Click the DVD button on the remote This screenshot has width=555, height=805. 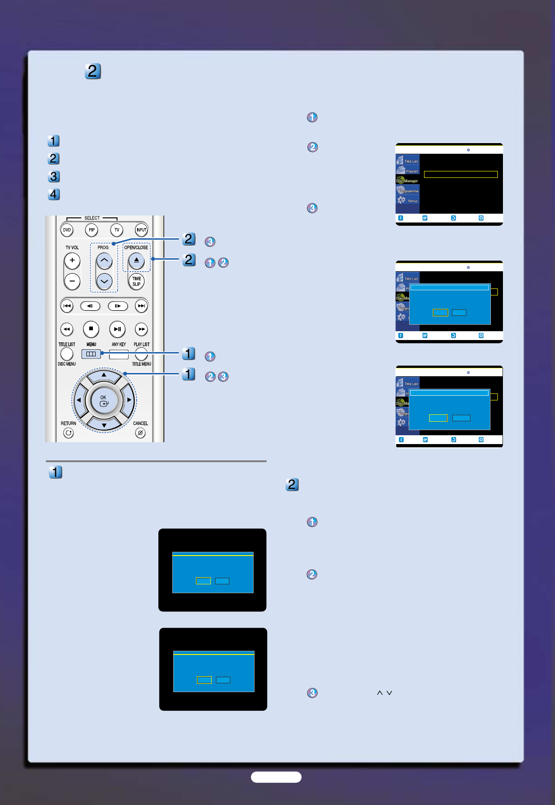(67, 230)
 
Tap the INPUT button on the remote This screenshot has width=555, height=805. (141, 230)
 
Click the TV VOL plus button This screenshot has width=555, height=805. (72, 261)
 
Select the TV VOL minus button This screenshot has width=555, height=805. (72, 281)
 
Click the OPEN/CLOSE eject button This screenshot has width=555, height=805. (137, 261)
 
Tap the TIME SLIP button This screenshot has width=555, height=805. (137, 281)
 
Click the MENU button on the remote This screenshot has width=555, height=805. (91, 354)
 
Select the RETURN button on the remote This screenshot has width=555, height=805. (68, 433)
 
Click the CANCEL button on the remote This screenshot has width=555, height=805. (140, 433)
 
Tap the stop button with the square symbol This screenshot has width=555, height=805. (91, 329)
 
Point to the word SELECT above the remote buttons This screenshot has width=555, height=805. (92, 218)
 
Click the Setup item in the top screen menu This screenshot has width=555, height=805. (408, 200)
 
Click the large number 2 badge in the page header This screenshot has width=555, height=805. (93, 71)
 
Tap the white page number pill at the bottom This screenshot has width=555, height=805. (276, 777)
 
